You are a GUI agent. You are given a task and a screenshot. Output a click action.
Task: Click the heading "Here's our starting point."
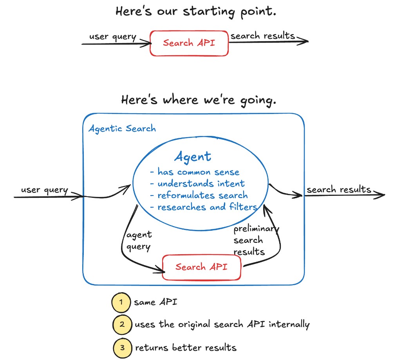pyautogui.click(x=196, y=12)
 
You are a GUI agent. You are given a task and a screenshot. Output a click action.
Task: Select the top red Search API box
pyautogui.click(x=189, y=43)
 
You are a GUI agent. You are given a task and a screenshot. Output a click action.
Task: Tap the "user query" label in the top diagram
pyautogui.click(x=112, y=37)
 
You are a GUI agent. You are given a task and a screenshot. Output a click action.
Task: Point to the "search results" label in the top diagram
pyautogui.click(x=262, y=36)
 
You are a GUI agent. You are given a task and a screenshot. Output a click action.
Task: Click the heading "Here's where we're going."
pyautogui.click(x=199, y=100)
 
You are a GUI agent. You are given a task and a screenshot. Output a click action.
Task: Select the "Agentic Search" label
pyautogui.click(x=122, y=128)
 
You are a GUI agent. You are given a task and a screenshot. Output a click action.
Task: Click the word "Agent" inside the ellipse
pyautogui.click(x=193, y=157)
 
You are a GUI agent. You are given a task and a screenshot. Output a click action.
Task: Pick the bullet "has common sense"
pyautogui.click(x=195, y=172)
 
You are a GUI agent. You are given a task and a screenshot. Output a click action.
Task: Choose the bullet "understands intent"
pyautogui.click(x=197, y=184)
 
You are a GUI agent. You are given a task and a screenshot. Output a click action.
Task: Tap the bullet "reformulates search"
pyautogui.click(x=199, y=195)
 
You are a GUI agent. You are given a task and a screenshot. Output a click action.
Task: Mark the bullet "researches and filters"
pyautogui.click(x=203, y=207)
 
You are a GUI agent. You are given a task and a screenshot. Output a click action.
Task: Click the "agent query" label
pyautogui.click(x=139, y=241)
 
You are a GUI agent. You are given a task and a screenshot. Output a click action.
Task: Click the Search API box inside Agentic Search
pyautogui.click(x=201, y=268)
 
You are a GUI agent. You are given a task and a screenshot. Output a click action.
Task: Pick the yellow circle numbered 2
pyautogui.click(x=122, y=324)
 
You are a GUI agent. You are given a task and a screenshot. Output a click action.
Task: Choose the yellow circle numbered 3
pyautogui.click(x=122, y=347)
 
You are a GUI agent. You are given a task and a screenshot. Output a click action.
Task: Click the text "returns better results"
pyautogui.click(x=186, y=347)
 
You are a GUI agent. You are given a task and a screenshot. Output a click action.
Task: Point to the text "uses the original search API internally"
pyautogui.click(x=222, y=325)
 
